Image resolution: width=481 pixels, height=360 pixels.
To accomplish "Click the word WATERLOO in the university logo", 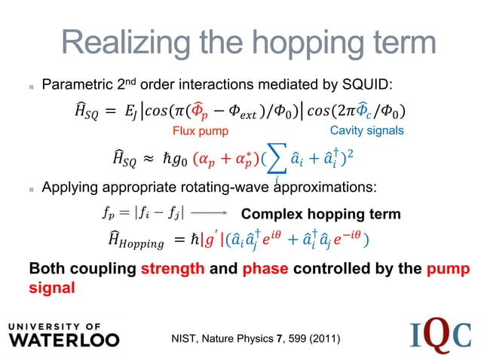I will pyautogui.click(x=64, y=340).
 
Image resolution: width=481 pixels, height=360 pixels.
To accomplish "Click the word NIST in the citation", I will pyautogui.click(x=187, y=341).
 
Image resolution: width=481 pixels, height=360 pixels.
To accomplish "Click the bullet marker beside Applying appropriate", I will pyautogui.click(x=29, y=187).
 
